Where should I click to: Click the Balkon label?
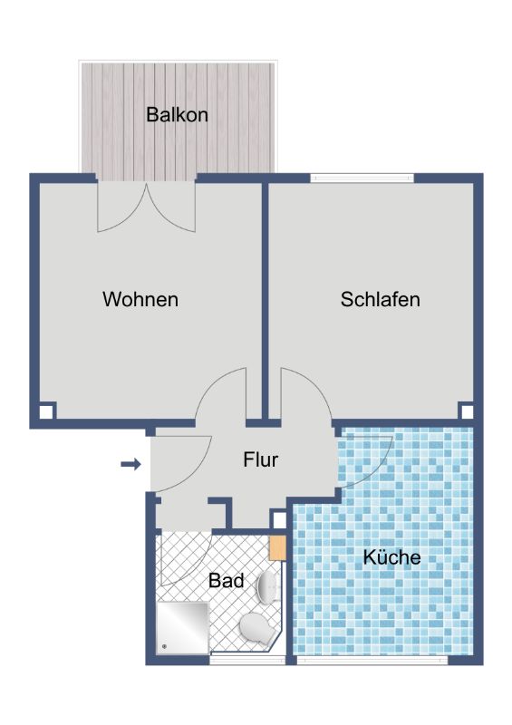[177, 114]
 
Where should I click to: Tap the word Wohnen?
[140, 299]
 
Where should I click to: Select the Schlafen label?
[381, 299]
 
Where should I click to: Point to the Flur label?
[260, 459]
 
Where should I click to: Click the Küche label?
[391, 556]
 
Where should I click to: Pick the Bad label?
[226, 580]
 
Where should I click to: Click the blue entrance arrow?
[130, 464]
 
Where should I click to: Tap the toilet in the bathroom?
[256, 629]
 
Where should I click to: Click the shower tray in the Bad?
[183, 627]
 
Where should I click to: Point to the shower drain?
[164, 647]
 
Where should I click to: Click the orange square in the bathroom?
[277, 548]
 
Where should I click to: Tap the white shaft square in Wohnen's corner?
[46, 412]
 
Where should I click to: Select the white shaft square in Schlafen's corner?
[467, 411]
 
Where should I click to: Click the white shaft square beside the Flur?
[279, 519]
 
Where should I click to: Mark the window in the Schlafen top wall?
[362, 178]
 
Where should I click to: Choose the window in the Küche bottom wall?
[372, 660]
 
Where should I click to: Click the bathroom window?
[247, 660]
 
